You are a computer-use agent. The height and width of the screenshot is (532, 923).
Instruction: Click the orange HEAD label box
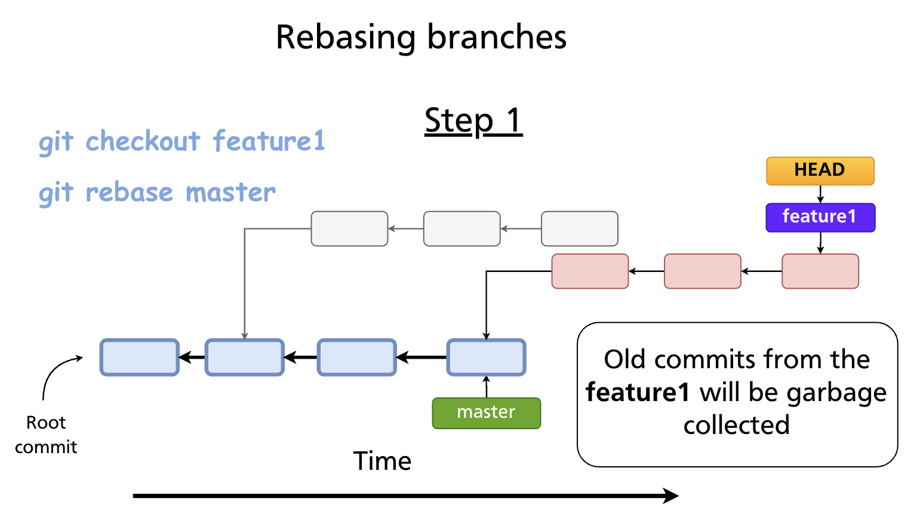(820, 171)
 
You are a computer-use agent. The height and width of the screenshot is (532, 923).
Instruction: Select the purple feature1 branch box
(820, 217)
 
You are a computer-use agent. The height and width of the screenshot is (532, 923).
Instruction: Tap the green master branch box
(486, 413)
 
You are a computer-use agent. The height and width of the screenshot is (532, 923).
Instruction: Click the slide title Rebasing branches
(421, 37)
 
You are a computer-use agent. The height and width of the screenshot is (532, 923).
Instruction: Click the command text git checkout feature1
(182, 142)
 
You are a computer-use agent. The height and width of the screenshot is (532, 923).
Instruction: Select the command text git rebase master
(157, 192)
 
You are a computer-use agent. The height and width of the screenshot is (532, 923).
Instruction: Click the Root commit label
(46, 435)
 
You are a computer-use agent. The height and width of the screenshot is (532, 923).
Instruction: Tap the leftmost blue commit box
(139, 357)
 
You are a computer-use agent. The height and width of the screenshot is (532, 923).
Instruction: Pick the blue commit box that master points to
(486, 357)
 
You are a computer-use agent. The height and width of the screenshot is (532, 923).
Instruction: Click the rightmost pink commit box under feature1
(820, 271)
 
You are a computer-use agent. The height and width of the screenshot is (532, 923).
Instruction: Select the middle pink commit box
(702, 271)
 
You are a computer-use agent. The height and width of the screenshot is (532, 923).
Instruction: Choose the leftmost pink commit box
(590, 271)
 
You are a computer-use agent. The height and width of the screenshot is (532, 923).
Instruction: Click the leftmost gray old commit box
(349, 228)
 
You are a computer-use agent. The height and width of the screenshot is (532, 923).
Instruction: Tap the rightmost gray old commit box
(579, 228)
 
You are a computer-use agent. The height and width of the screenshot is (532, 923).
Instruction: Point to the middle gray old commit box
(461, 228)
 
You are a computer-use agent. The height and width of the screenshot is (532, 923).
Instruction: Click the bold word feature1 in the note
(638, 393)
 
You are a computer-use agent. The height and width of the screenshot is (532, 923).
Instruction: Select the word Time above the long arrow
(382, 461)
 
